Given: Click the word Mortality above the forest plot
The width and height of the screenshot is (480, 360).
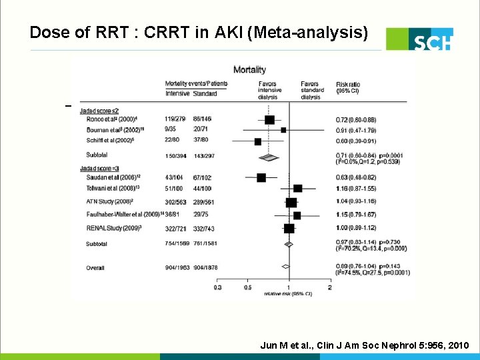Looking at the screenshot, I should [249, 69].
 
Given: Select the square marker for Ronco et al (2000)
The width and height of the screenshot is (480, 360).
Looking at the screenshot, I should [269, 119].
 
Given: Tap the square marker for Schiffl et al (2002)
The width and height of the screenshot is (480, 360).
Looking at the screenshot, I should [257, 141].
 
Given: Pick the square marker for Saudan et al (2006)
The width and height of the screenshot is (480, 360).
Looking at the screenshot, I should [261, 177].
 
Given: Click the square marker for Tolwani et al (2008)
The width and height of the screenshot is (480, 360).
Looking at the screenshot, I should [297, 189].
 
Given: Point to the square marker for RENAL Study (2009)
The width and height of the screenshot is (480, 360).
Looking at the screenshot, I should [289, 228].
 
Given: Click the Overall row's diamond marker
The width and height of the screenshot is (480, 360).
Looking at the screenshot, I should [285, 266].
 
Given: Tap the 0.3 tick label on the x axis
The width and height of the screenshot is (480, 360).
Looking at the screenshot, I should [217, 287].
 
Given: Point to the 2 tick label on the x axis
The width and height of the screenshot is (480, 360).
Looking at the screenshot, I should [330, 287].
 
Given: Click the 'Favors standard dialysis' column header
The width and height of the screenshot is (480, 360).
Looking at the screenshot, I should [311, 90].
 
